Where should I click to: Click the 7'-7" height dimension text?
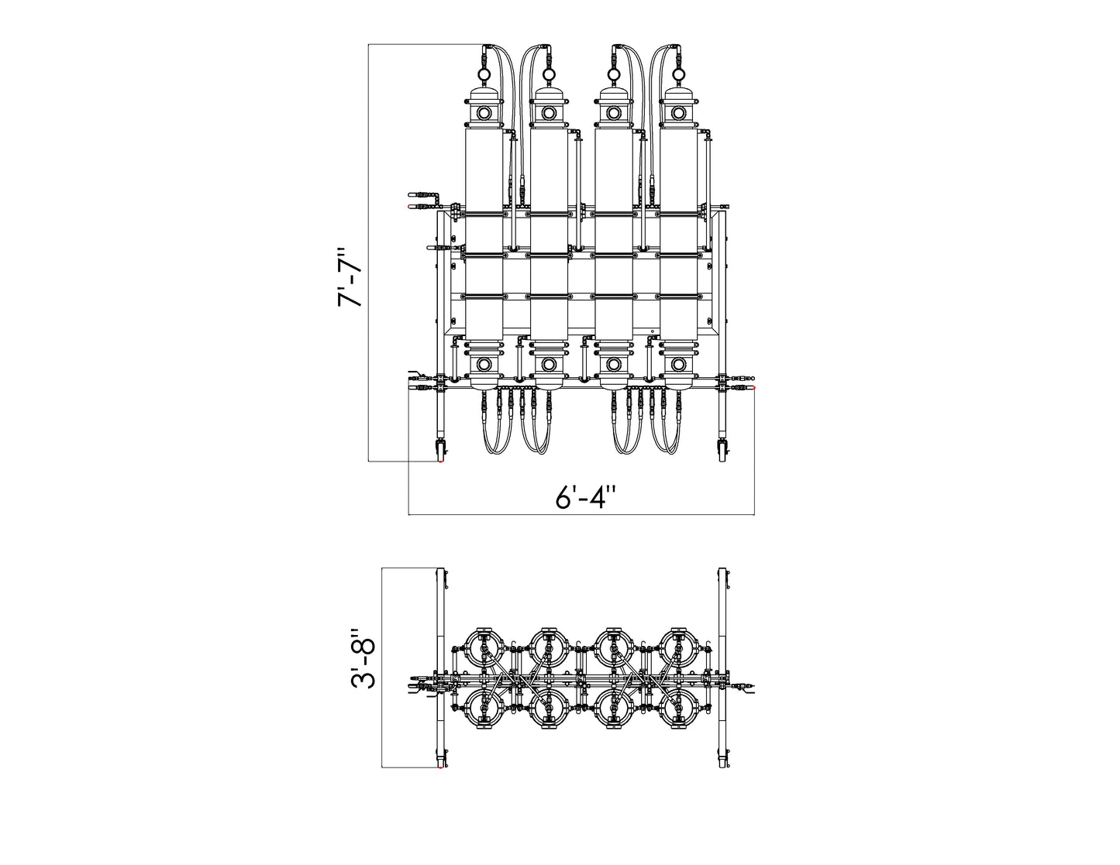(350, 279)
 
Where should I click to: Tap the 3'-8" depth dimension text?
(363, 658)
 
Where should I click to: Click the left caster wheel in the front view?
(442, 451)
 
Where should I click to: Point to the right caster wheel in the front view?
(722, 451)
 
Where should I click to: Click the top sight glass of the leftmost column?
(484, 112)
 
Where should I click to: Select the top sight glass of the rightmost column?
(677, 112)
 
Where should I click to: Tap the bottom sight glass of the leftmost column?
(484, 365)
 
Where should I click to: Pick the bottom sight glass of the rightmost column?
(677, 365)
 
